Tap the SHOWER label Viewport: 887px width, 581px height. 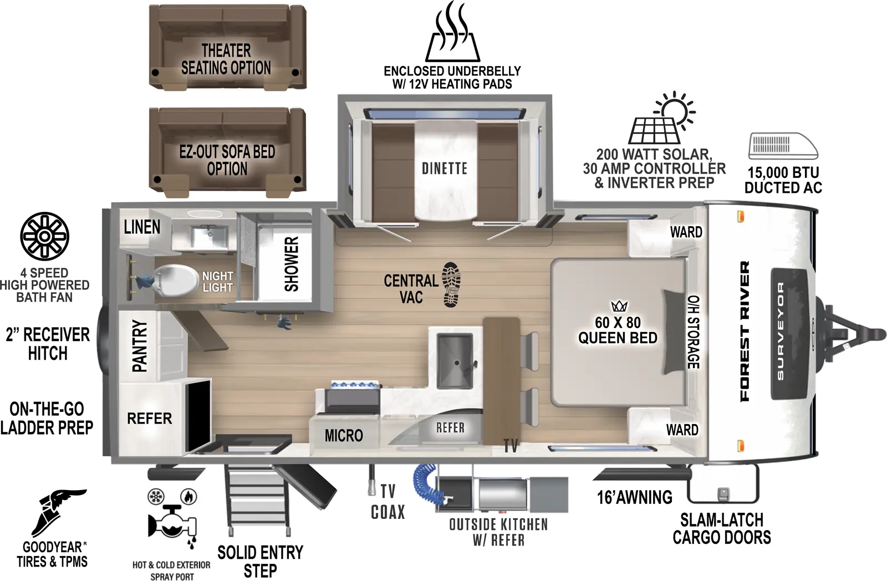292,264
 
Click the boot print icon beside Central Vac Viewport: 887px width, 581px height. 451,284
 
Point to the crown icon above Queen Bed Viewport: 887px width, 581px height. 619,306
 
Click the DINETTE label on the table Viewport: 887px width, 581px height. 444,169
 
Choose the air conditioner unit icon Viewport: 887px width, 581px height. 783,146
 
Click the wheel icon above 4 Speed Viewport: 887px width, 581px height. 44,236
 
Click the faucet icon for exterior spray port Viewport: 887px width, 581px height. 172,521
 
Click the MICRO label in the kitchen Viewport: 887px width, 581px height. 344,436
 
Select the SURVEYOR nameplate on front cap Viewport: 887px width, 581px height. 781,333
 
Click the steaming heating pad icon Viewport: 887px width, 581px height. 452,33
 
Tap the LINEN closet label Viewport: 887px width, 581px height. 142,227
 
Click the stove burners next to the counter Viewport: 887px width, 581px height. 355,385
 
